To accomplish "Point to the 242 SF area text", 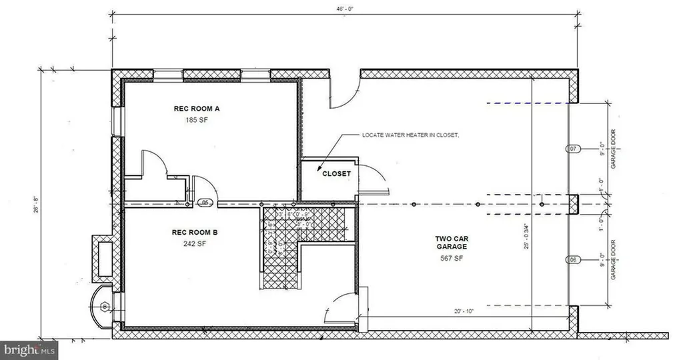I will click(195, 244).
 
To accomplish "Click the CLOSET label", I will click(336, 173).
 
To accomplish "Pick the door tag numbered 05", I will click(206, 203).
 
